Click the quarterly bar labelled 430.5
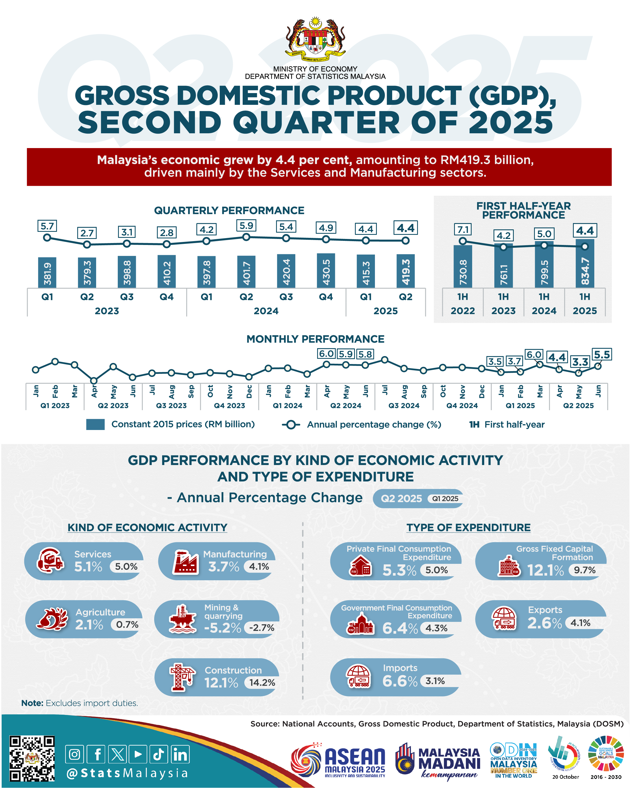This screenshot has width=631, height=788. pos(326,270)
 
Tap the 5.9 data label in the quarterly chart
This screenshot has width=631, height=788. pos(246,226)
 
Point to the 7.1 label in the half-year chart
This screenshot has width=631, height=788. pos(463,230)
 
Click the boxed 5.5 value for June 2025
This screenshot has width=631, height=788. pos(602,354)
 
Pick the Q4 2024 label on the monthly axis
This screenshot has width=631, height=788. pos(462,405)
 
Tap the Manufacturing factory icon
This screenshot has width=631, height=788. pos(185,561)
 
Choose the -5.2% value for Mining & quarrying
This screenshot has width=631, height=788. pos(222,628)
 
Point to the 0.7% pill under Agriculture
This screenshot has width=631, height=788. pos(127,624)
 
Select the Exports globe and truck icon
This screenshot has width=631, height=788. pos(504,618)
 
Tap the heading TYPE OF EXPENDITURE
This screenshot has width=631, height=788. pos(468,527)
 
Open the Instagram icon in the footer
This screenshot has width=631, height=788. pos(74,754)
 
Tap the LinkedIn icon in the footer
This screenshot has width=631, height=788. pos(180,754)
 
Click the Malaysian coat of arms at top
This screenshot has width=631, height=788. pos(315,39)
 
